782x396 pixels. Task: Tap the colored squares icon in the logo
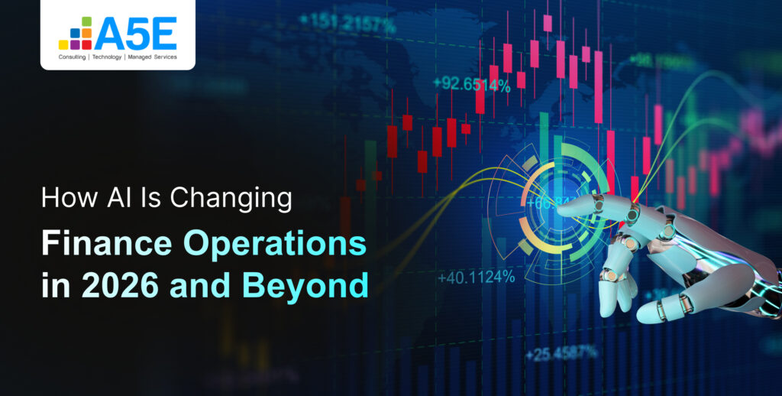click(75, 34)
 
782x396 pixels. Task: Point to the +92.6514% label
click(471, 85)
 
